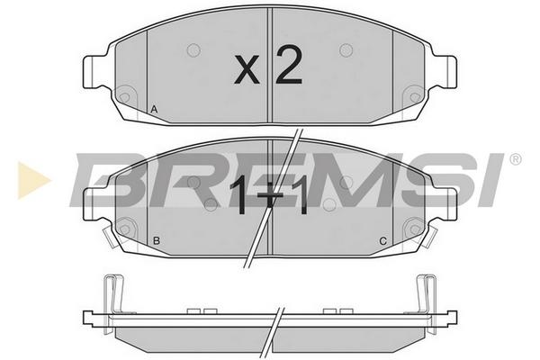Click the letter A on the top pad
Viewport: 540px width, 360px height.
154,110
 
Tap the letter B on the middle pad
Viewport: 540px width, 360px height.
157,241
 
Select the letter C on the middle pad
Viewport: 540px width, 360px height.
383,241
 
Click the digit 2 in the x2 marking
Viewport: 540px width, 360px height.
289,65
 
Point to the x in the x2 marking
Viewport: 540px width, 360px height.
247,70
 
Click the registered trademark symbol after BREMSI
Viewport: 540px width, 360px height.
515,159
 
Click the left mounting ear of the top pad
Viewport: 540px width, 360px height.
94,73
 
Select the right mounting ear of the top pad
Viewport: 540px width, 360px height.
445,72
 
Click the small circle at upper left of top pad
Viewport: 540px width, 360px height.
193,50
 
